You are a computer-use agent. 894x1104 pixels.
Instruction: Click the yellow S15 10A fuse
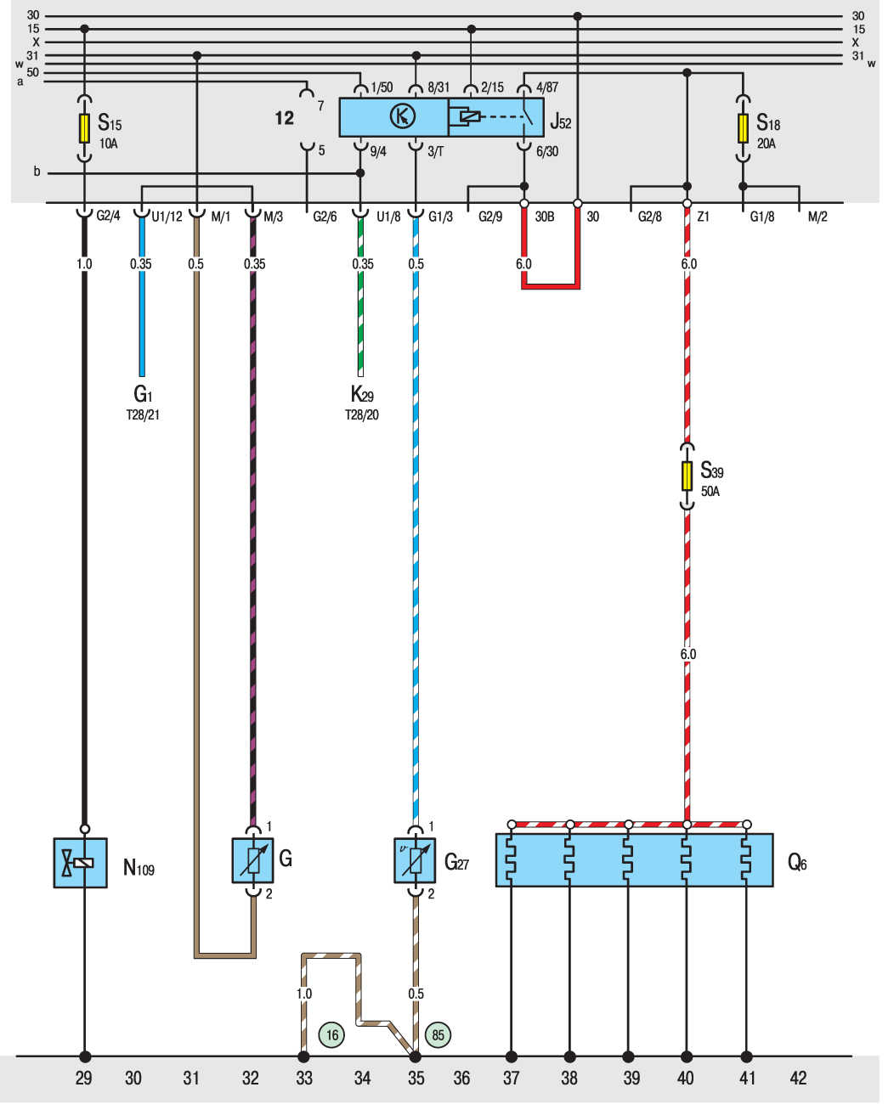(84, 128)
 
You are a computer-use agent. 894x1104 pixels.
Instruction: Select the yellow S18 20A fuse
(743, 128)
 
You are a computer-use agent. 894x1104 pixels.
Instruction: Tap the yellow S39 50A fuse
(687, 476)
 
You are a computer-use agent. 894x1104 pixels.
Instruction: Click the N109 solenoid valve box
(81, 863)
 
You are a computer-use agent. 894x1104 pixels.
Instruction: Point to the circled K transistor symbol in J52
(403, 115)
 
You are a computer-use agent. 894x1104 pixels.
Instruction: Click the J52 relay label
(561, 122)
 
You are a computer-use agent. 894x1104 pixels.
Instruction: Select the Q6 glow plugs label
(797, 862)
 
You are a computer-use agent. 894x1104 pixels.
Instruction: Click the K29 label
(362, 394)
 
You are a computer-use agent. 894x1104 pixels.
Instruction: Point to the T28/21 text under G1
(143, 414)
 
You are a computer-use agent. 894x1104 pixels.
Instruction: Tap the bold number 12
(284, 118)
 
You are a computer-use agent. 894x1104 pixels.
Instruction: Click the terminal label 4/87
(547, 87)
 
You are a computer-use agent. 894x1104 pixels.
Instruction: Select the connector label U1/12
(167, 217)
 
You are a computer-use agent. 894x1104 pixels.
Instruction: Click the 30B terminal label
(545, 217)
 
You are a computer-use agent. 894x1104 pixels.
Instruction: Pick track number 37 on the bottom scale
(511, 1078)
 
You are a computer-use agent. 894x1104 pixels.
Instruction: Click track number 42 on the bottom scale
(798, 1078)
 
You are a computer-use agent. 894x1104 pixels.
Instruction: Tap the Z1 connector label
(703, 217)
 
